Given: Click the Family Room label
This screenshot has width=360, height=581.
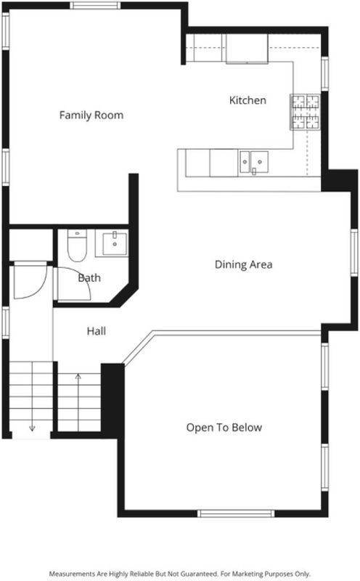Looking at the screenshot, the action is (x=91, y=115).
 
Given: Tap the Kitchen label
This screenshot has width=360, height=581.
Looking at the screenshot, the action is (x=247, y=100).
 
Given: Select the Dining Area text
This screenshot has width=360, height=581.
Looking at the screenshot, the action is (x=243, y=264).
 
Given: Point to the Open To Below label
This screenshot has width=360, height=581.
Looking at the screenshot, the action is (x=224, y=428).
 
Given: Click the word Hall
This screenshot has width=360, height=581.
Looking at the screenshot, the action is (x=97, y=331).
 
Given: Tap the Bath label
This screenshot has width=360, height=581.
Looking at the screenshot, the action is (x=89, y=278).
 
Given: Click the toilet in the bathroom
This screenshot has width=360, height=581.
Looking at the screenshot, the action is (x=77, y=245).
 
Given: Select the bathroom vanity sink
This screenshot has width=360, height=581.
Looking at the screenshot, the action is (x=115, y=243).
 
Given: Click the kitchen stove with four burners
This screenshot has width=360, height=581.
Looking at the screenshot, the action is (x=305, y=112).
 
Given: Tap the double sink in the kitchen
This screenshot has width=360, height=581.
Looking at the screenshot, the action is (x=254, y=162).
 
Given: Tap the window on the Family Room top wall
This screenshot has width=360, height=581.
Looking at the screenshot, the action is (x=95, y=5).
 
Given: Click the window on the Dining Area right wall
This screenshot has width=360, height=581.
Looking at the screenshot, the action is (x=354, y=252).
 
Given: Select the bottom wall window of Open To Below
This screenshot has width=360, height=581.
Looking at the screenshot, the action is (x=236, y=513).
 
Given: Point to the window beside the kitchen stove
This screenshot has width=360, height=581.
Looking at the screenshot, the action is (x=324, y=73).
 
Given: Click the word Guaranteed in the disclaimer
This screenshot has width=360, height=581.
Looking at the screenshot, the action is (x=200, y=574).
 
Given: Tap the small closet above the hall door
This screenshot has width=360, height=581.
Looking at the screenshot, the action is (x=30, y=245).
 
